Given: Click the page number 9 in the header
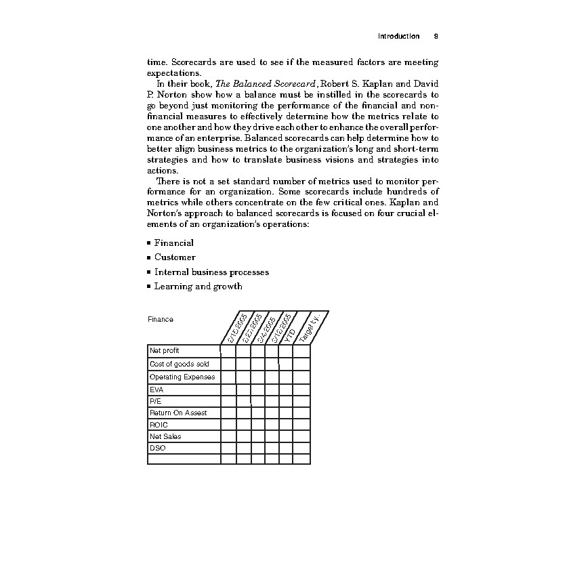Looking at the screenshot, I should click(x=434, y=36).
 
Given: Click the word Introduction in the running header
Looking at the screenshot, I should click(x=398, y=36).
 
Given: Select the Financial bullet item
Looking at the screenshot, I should click(x=173, y=243).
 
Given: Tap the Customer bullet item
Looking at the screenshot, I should click(x=175, y=257).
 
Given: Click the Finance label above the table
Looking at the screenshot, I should click(x=160, y=319).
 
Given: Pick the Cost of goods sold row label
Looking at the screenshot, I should click(x=179, y=364).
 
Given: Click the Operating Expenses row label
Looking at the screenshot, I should click(x=182, y=377).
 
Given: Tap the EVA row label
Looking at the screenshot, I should click(x=156, y=390).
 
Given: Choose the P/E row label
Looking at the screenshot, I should click(x=155, y=401).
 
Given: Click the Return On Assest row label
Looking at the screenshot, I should click(x=178, y=413).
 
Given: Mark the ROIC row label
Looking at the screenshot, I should click(x=159, y=425).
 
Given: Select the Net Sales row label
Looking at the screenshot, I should click(x=165, y=437).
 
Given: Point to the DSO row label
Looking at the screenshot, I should click(x=157, y=448).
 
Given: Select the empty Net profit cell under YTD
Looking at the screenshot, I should click(x=285, y=351).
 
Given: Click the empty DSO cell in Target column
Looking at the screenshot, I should click(x=301, y=448).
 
